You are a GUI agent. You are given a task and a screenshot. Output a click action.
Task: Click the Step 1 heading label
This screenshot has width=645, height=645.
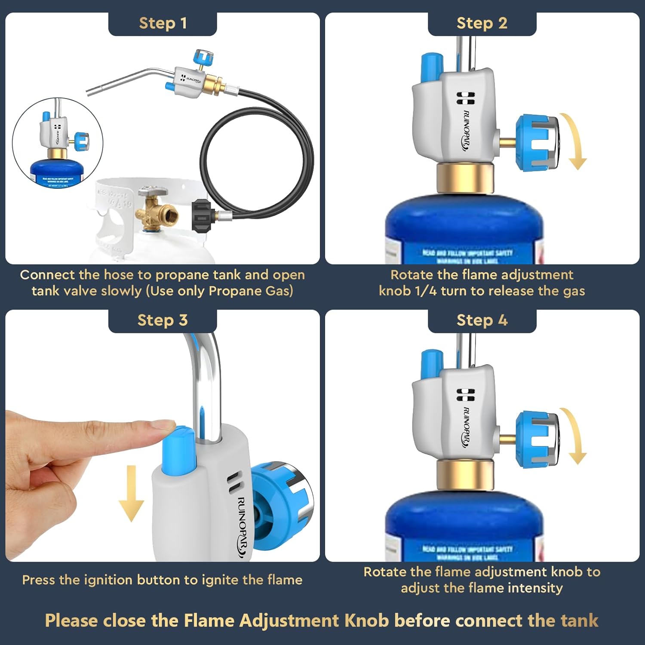coord(163,23)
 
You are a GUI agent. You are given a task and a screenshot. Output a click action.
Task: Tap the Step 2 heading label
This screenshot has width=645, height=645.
coord(482,23)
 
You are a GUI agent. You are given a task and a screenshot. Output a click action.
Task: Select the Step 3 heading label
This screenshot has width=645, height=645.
coord(163,320)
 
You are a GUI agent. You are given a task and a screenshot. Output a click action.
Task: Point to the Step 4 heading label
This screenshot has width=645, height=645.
coord(482,320)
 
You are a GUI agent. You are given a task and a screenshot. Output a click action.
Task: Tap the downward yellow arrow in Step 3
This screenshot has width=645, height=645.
coord(131,494)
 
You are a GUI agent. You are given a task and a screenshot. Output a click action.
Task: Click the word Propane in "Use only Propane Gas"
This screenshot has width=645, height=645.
coord(235,291)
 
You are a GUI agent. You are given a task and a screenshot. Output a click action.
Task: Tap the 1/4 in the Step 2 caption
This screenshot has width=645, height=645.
coord(426,291)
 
